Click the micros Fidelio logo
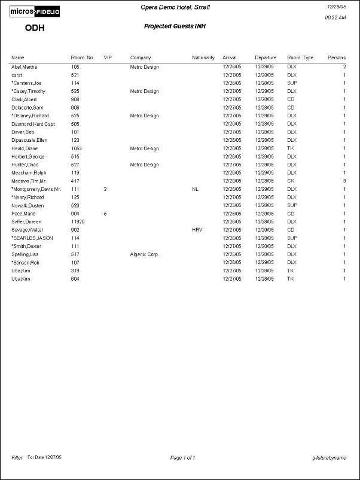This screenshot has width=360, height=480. click(x=35, y=11)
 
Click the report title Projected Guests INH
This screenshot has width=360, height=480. click(x=175, y=26)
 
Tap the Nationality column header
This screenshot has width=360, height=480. click(x=203, y=57)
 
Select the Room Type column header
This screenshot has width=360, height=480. click(x=300, y=57)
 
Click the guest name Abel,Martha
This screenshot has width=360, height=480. click(x=24, y=67)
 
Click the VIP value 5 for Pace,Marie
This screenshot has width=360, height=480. click(x=105, y=213)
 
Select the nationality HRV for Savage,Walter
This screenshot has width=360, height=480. click(x=197, y=229)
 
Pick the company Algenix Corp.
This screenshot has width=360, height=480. click(x=145, y=254)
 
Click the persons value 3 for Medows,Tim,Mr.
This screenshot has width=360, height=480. click(x=344, y=180)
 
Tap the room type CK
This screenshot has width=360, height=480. click(x=291, y=180)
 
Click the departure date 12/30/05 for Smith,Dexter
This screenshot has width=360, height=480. click(x=264, y=245)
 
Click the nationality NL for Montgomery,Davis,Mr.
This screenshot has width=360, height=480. click(x=195, y=189)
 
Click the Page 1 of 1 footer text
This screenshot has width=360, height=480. click(x=183, y=458)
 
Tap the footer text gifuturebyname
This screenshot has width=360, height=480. click(x=329, y=458)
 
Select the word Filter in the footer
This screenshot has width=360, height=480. click(x=17, y=457)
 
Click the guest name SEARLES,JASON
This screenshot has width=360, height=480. click(x=33, y=238)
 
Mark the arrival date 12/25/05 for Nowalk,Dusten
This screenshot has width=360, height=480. click(x=231, y=205)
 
